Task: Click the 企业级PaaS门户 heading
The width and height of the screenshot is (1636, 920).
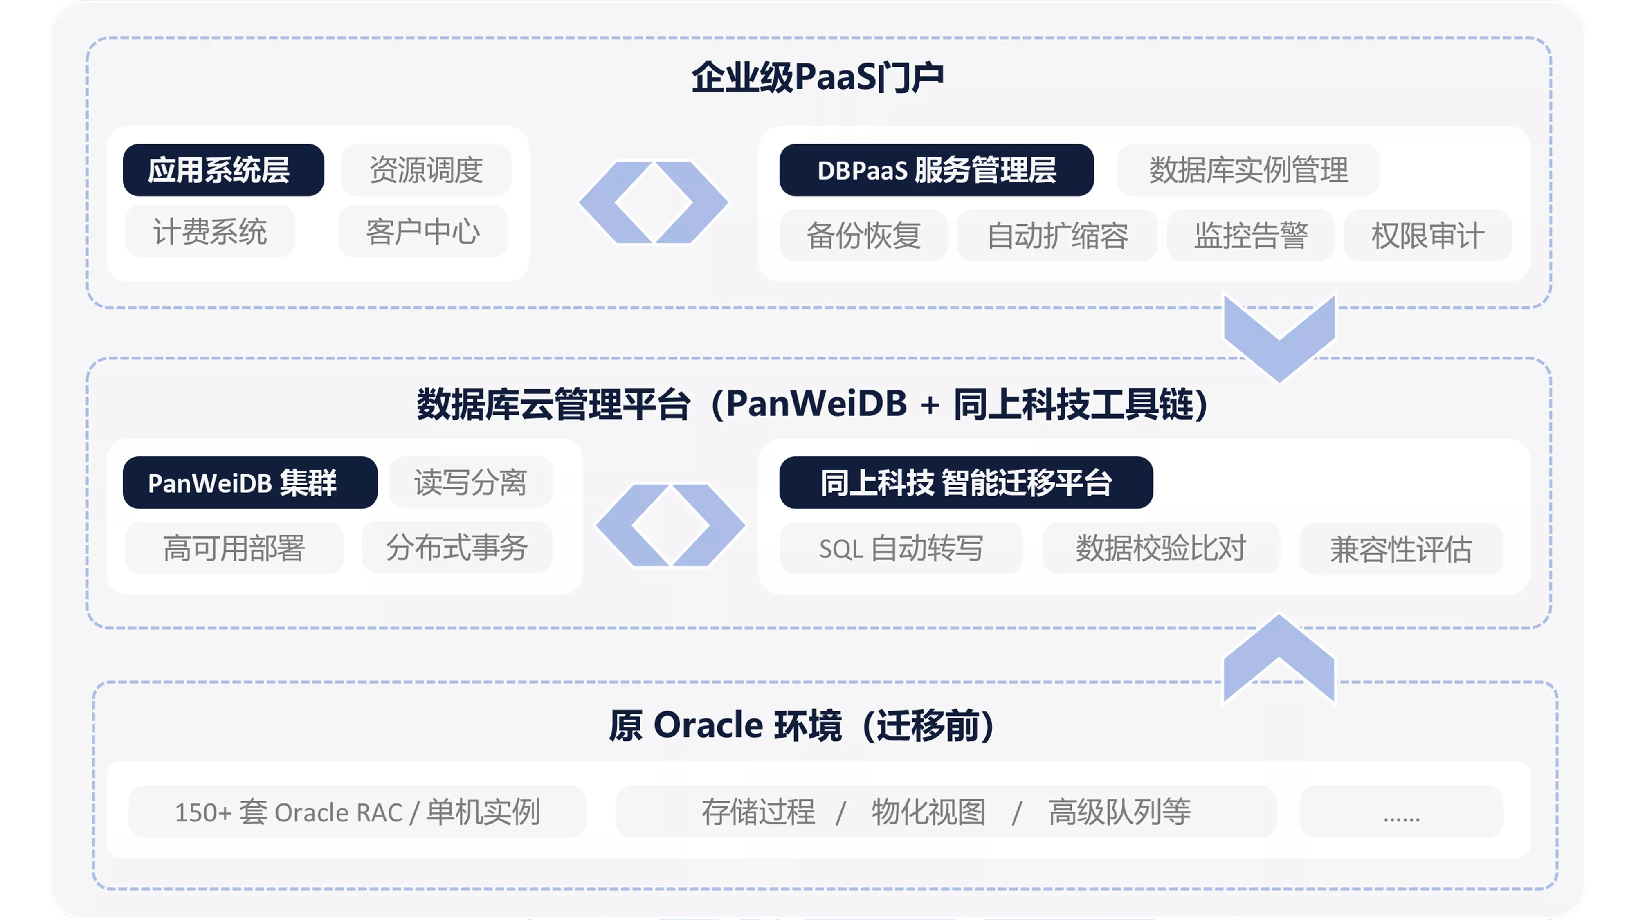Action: click(x=817, y=77)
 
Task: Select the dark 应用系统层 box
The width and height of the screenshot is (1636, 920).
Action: click(x=224, y=170)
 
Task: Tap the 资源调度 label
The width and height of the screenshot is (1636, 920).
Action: click(x=426, y=170)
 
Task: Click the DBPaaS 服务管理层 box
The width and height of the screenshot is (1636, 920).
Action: click(x=937, y=170)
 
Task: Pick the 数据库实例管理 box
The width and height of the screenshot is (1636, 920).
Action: click(x=1249, y=170)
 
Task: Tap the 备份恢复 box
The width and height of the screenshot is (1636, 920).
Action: click(x=864, y=236)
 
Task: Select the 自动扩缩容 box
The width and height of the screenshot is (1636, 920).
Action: click(x=1057, y=236)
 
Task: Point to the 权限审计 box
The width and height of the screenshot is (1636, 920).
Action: click(x=1428, y=236)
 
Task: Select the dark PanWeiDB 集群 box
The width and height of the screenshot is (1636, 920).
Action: click(x=250, y=482)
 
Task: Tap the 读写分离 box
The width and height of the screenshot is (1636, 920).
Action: click(x=471, y=482)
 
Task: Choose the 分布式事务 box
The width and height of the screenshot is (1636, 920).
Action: click(x=457, y=548)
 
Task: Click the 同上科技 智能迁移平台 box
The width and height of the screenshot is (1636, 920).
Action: click(x=966, y=482)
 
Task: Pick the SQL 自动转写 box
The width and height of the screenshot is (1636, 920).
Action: click(x=901, y=548)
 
